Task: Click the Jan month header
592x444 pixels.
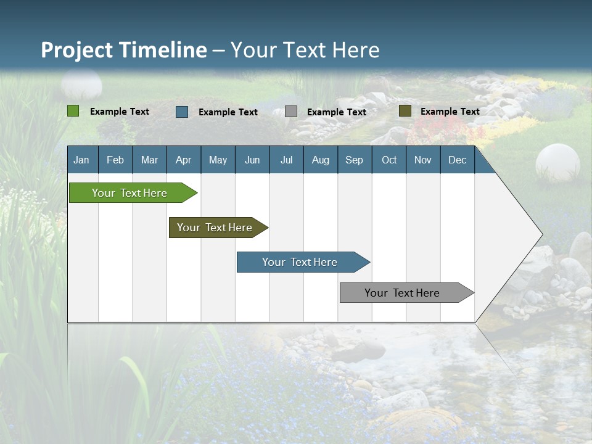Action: pos(81,160)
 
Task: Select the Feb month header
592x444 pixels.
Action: pos(115,160)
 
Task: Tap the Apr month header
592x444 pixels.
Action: pos(183,160)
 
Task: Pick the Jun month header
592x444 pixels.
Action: pos(252,160)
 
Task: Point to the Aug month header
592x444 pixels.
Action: pos(320,160)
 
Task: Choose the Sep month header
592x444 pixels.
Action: pos(354,160)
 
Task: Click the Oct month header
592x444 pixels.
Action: pos(389,160)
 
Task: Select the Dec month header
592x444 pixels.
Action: pos(457,160)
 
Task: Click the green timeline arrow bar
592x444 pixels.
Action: pos(130,193)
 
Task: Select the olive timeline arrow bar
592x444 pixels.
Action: pos(215,228)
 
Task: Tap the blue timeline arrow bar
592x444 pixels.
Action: pos(300,262)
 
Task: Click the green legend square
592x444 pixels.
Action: pos(73,111)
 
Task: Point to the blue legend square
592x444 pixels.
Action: pos(182,112)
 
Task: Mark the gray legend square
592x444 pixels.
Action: pos(291,112)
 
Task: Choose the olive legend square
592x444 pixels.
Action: pos(405,111)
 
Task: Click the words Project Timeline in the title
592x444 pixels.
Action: pos(124,50)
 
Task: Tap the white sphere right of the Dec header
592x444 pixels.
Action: pos(557,163)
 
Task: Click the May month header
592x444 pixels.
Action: pos(218,160)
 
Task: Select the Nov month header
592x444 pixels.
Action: pos(423,160)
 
